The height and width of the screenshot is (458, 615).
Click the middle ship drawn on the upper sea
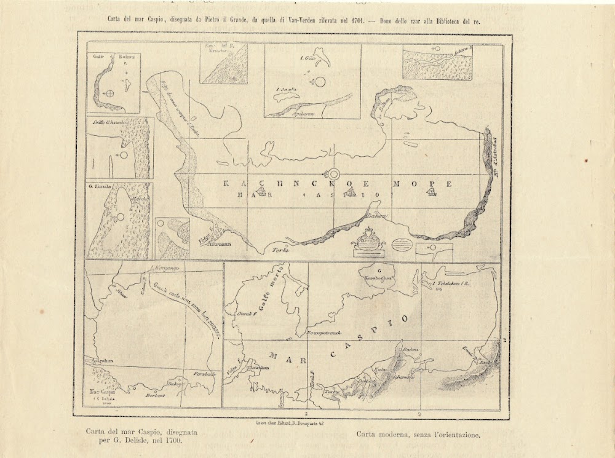[x=350, y=194]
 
